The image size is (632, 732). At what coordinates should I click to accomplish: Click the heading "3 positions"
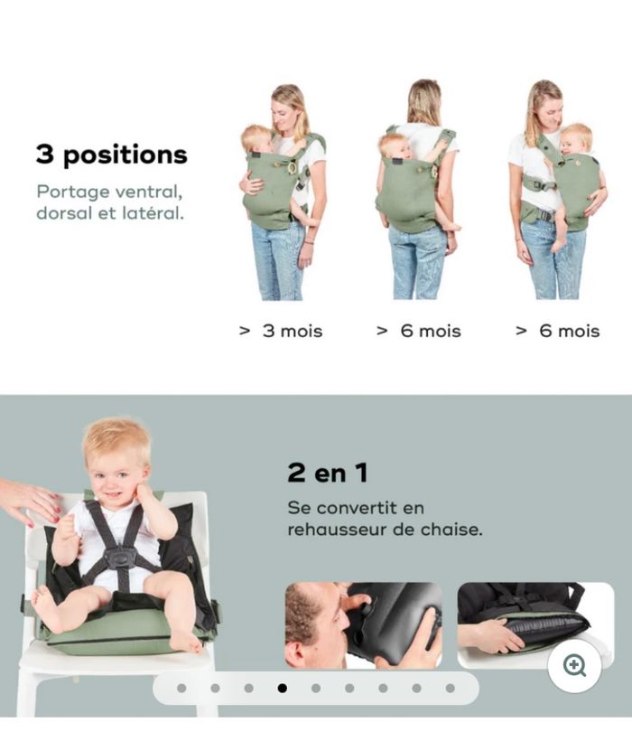click(x=111, y=154)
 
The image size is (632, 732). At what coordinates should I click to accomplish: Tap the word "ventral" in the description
click(x=155, y=192)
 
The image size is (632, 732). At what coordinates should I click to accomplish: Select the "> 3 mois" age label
click(x=281, y=331)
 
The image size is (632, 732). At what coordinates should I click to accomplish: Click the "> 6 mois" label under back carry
click(x=419, y=331)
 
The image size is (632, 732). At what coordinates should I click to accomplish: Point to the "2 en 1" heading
click(x=327, y=472)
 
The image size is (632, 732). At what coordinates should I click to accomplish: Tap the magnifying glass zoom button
click(x=574, y=666)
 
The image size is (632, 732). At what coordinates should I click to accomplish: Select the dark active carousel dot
click(x=283, y=688)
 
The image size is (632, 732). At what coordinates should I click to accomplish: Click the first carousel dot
click(x=181, y=688)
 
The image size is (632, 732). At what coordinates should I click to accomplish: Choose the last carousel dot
click(x=451, y=688)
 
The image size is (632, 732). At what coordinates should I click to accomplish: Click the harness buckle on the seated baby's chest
click(x=120, y=557)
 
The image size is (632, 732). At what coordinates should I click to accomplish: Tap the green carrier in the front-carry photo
click(x=268, y=192)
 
